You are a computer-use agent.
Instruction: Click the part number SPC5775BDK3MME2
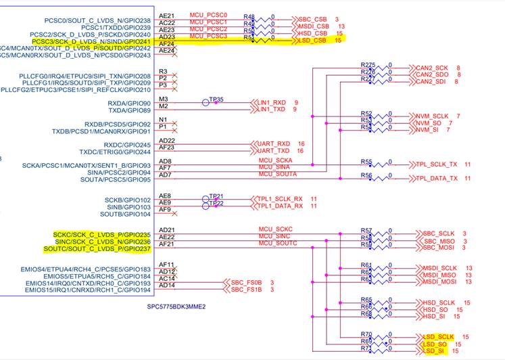coord(176,306)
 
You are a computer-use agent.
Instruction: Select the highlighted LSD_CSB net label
coord(314,41)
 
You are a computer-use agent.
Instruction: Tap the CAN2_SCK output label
coord(432,68)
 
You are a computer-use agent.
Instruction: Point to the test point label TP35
coord(216,99)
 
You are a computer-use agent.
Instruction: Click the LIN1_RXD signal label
coord(272,102)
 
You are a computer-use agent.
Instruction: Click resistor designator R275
coord(368,64)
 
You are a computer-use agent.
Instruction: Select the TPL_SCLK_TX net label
coord(437,164)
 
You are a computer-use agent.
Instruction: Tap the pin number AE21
coord(166,15)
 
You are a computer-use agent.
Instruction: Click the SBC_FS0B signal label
coord(246,283)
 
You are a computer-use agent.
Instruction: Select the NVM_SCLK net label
coord(433,116)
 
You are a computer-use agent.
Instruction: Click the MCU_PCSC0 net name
coord(208,14)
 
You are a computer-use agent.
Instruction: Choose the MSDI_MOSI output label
coord(440,282)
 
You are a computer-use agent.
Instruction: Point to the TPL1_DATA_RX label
coord(279,205)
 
